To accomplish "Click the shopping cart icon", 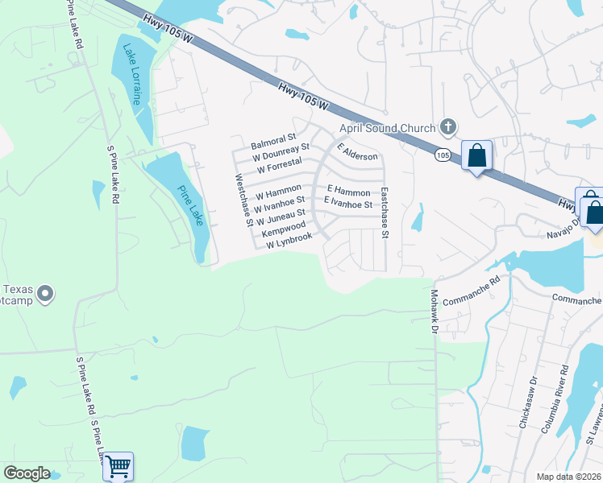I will [x=118, y=465].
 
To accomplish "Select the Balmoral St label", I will [x=274, y=140].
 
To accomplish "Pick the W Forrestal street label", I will [x=279, y=169].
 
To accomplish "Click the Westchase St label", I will [x=244, y=200].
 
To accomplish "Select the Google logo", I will [x=27, y=473].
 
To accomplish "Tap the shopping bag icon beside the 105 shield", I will [x=476, y=155].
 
